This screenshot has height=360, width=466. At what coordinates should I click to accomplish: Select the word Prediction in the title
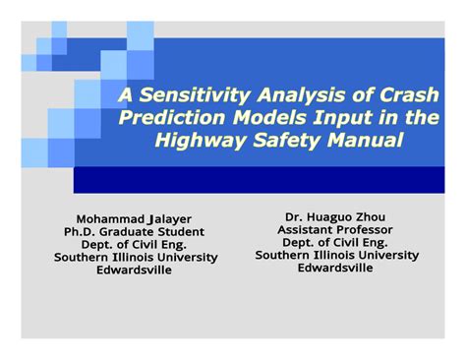pyautogui.click(x=168, y=118)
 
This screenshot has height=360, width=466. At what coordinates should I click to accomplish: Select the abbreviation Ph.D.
pyautogui.click(x=83, y=230)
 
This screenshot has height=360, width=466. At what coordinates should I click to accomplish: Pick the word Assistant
pyautogui.click(x=308, y=228)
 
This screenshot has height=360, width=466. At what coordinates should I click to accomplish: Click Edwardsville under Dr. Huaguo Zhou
pyautogui.click(x=336, y=267)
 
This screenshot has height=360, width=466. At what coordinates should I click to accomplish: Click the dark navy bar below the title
pyautogui.click(x=256, y=179)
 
